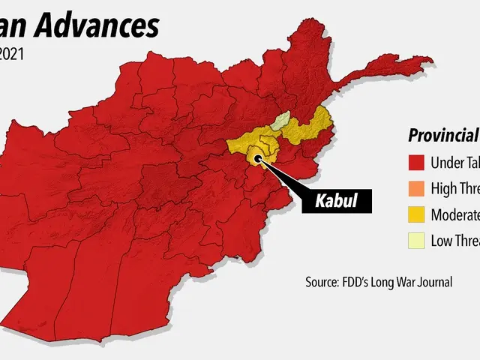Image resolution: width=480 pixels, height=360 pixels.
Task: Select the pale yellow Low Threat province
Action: [x=280, y=121]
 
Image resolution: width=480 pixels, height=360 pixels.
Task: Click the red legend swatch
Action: [x=417, y=163]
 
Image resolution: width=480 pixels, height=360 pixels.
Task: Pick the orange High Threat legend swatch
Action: [x=417, y=188]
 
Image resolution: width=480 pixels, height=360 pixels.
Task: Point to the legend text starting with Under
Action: [x=454, y=163]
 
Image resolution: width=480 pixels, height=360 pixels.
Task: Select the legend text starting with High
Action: [x=454, y=188]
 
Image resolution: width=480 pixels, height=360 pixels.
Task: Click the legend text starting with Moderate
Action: [x=454, y=214]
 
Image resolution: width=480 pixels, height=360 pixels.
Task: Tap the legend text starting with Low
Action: [x=454, y=241]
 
